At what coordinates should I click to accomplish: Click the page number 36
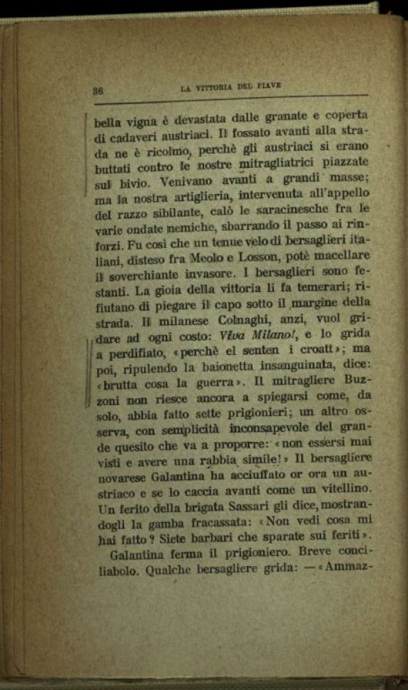[x=98, y=91]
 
